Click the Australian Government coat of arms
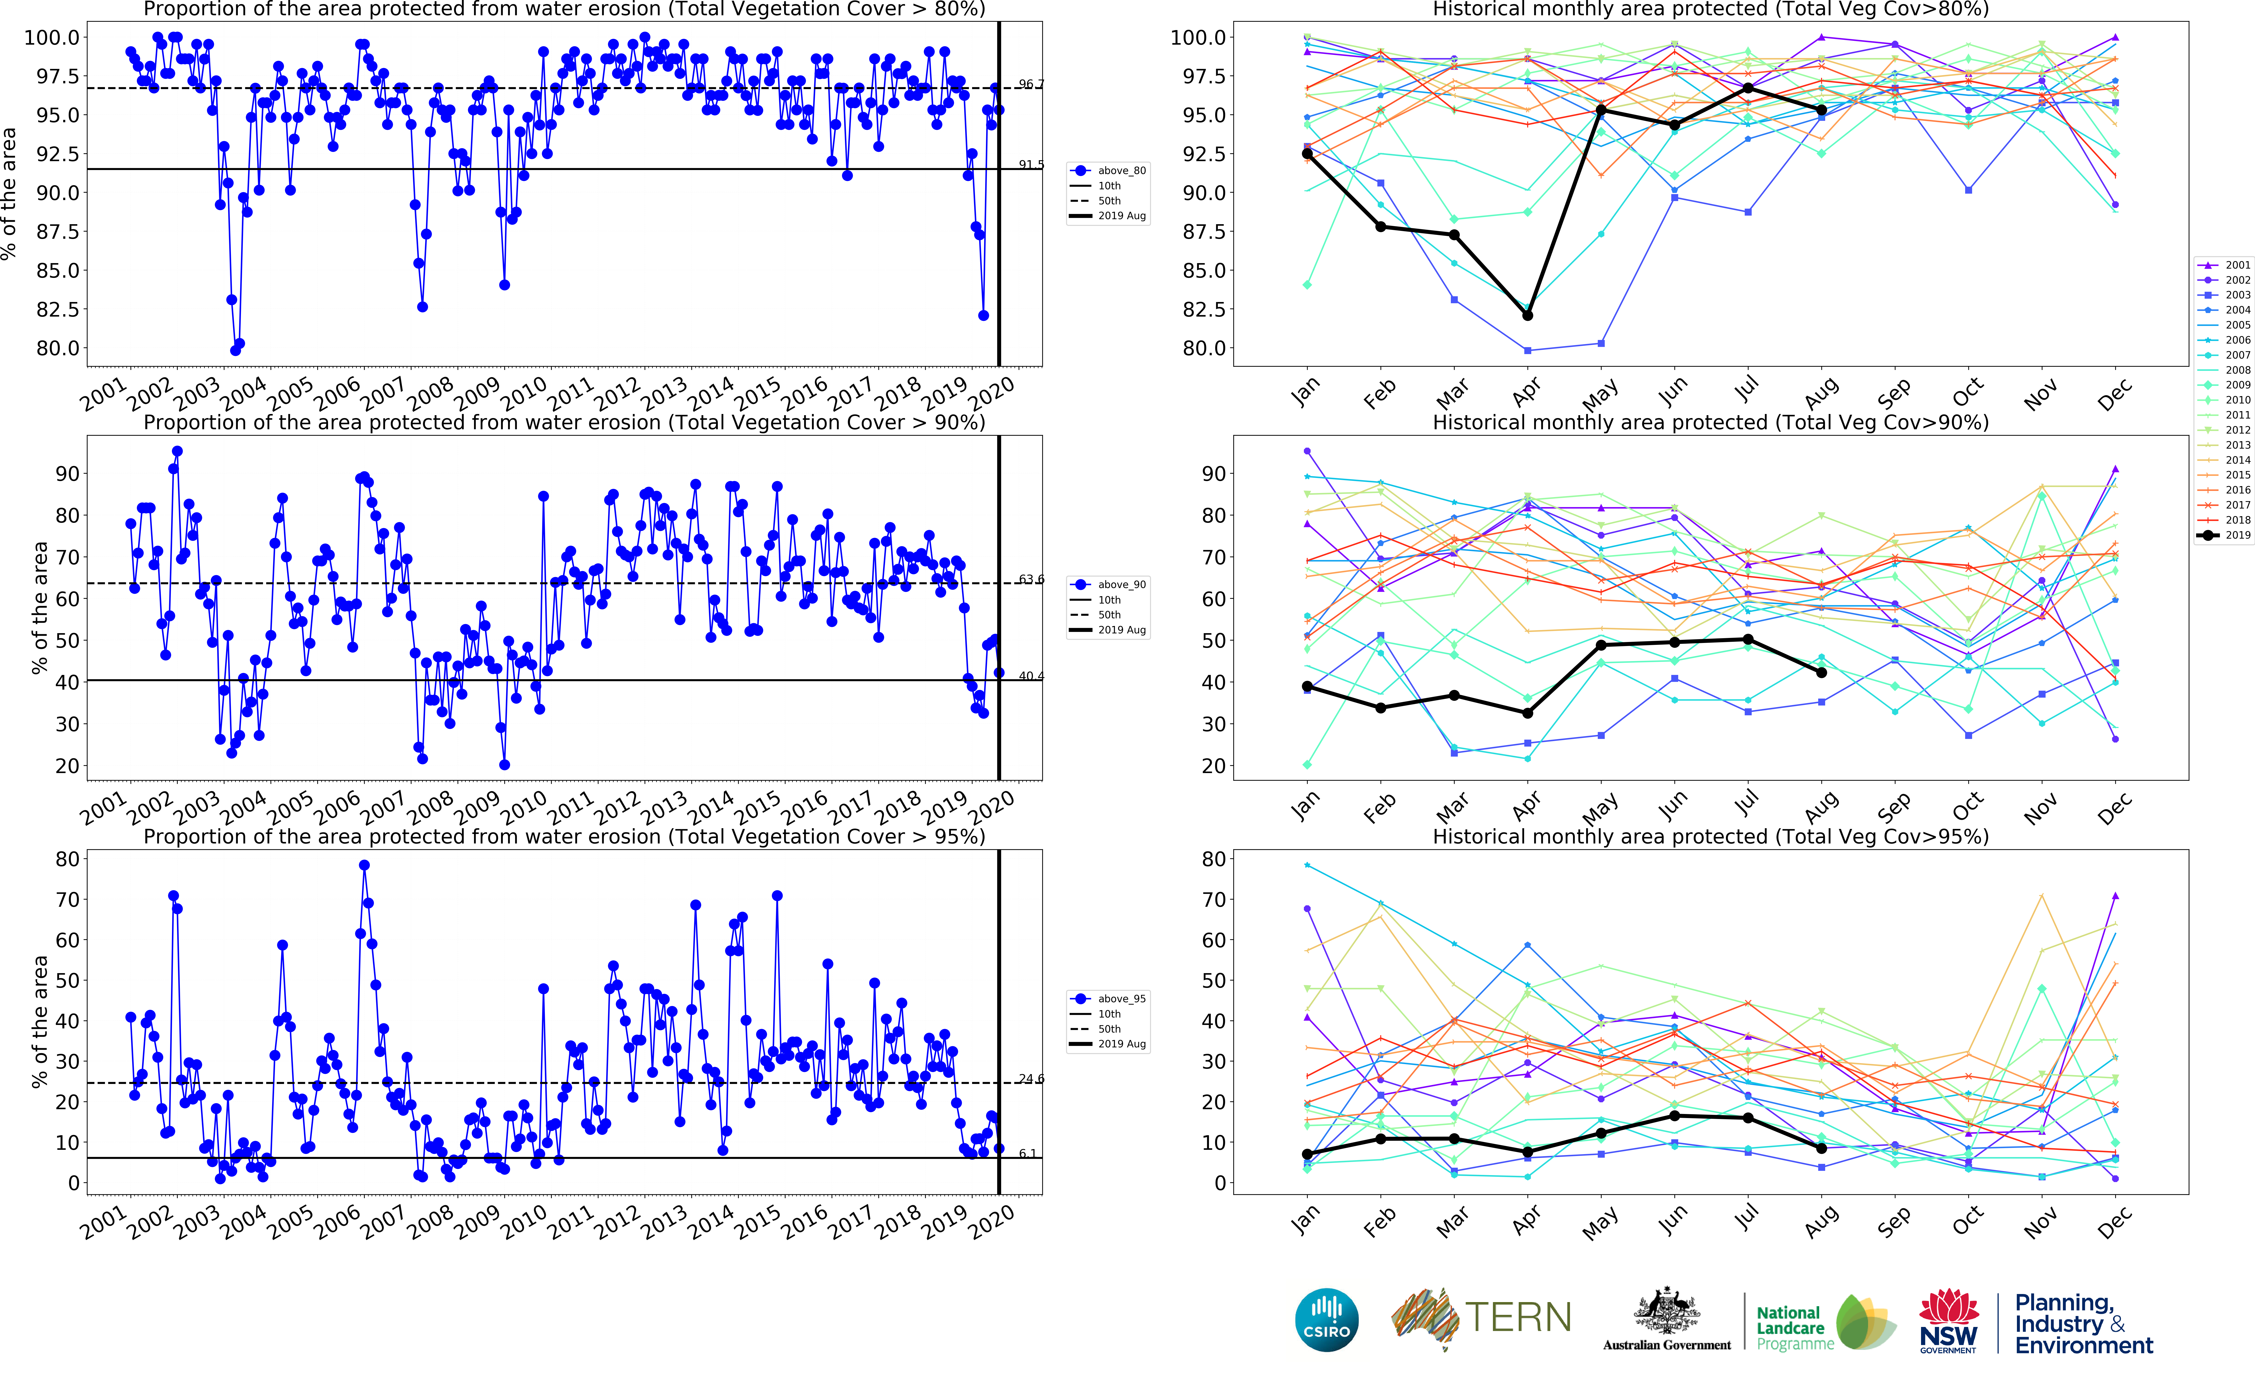point(1667,1311)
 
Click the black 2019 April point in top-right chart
point(1527,315)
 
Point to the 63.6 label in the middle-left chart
point(1031,579)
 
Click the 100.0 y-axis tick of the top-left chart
point(52,37)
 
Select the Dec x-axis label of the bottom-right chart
point(2114,1222)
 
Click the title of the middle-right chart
point(1709,422)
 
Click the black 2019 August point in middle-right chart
point(1821,672)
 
